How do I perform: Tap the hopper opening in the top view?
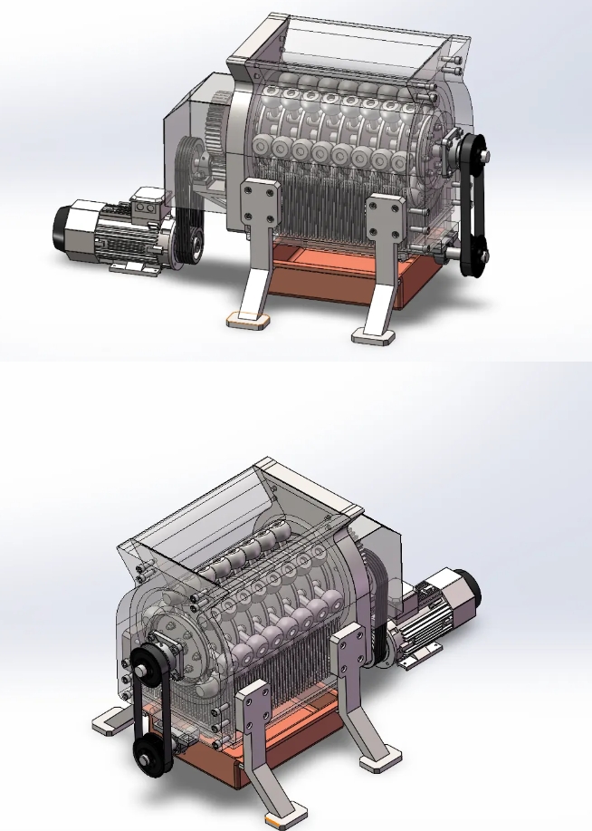click(x=362, y=41)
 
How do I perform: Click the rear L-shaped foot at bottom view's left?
click(x=109, y=720)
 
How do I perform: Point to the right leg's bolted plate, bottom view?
click(x=348, y=652)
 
